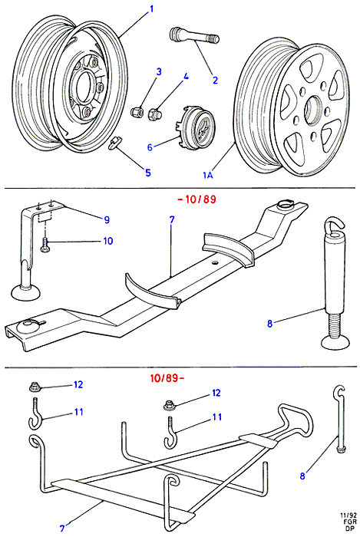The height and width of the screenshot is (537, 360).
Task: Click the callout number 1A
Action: tap(208, 176)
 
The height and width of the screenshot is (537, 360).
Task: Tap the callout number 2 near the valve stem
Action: tap(215, 81)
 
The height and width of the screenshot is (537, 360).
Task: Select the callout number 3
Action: tap(159, 72)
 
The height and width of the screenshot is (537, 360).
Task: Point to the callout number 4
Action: tap(186, 77)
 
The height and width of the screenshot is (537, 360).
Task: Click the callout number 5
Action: tap(148, 173)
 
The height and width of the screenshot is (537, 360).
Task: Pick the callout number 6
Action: tap(150, 147)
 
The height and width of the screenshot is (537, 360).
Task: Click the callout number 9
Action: tap(107, 219)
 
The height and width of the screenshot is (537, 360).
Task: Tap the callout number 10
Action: tap(108, 241)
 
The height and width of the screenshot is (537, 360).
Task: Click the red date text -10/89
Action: tap(197, 199)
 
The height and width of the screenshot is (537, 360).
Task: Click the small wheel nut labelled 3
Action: tap(136, 112)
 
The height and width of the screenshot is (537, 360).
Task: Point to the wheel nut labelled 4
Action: tap(153, 114)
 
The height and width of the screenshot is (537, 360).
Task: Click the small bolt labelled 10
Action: tap(44, 245)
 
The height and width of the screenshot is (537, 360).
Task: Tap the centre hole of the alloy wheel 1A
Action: tap(314, 110)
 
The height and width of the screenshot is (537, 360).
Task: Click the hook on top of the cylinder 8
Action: tap(333, 226)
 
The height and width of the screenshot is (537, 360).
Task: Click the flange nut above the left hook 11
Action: tap(35, 387)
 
